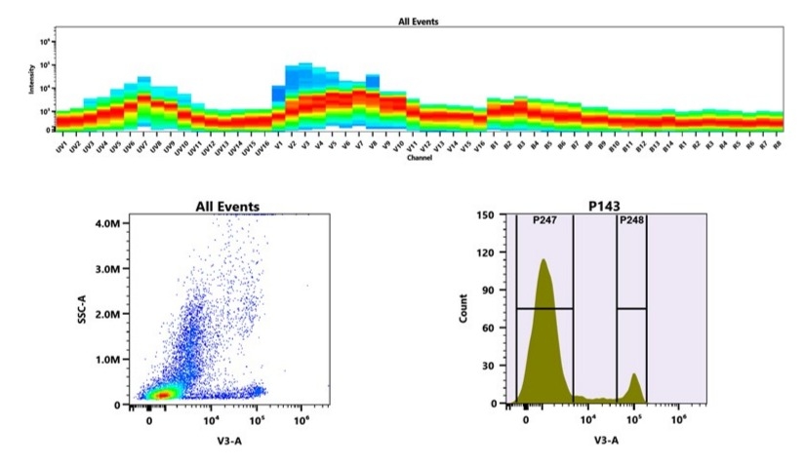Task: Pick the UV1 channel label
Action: (x=60, y=144)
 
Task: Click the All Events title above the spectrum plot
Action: (x=420, y=19)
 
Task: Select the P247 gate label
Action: (x=543, y=221)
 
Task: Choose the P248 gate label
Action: (x=631, y=221)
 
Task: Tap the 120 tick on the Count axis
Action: (x=485, y=252)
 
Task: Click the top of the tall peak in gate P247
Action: (x=543, y=260)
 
